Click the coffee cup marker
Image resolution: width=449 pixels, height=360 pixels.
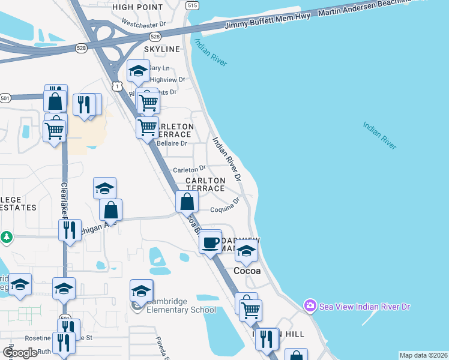pos(210,242)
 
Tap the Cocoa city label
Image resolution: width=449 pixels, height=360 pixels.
pos(247,271)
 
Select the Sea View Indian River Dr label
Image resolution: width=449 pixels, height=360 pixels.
pos(364,306)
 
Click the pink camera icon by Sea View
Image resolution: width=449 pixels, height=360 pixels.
pos(310,306)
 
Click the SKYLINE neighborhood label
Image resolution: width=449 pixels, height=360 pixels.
pos(161,49)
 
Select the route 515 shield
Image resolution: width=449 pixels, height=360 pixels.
pos(191,5)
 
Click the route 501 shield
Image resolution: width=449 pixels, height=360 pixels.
pos(5,98)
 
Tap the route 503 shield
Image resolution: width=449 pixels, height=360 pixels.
pos(64,318)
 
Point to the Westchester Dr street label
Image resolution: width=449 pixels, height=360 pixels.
pos(142,25)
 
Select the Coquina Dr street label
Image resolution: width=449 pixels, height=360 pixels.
pos(224,209)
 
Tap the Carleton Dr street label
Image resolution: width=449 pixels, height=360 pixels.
pos(189,169)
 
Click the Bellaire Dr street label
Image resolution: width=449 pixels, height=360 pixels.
pos(172,144)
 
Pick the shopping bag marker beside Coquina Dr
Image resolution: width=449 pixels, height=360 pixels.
pos(187,202)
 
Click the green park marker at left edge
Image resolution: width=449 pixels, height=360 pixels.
pos(6,237)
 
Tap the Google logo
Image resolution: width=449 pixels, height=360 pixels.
pos(20,353)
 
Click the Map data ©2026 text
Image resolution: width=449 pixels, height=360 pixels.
pos(423,355)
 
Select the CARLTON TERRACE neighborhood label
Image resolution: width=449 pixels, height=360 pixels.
pos(205,184)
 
